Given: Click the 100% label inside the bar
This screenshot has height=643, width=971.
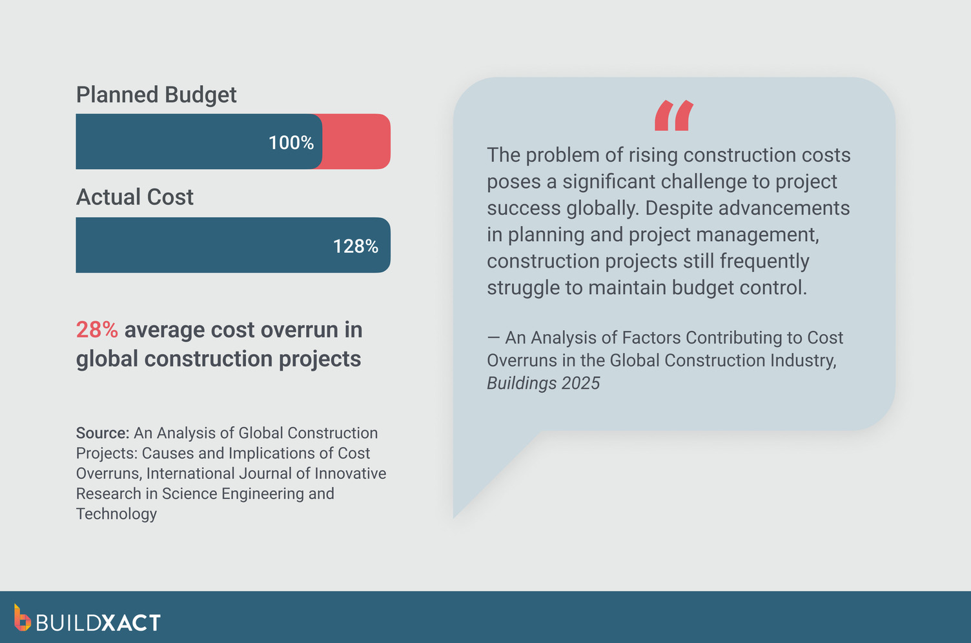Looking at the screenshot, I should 291,143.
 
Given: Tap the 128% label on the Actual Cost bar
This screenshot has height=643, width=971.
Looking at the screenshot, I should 355,246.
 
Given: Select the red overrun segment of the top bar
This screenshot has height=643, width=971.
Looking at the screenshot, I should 356,142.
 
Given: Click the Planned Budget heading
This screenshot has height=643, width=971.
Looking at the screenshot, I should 156,95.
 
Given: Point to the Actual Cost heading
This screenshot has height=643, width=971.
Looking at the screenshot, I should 134,197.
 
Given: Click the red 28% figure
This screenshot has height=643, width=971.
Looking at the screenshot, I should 97,330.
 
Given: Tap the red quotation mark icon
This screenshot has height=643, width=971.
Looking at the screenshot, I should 673,116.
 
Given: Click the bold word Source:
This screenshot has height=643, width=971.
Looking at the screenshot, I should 103,433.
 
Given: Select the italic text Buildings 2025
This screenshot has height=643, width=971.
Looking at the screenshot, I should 543,383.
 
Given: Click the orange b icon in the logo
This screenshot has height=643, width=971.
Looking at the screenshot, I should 22,618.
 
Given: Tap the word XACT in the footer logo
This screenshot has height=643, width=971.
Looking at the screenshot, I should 132,623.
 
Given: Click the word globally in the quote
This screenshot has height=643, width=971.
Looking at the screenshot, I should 603,208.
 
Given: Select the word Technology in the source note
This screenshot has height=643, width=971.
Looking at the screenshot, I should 116,514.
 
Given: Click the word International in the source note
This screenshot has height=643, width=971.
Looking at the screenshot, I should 190,473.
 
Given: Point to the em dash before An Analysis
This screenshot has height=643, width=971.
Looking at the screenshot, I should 493,338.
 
